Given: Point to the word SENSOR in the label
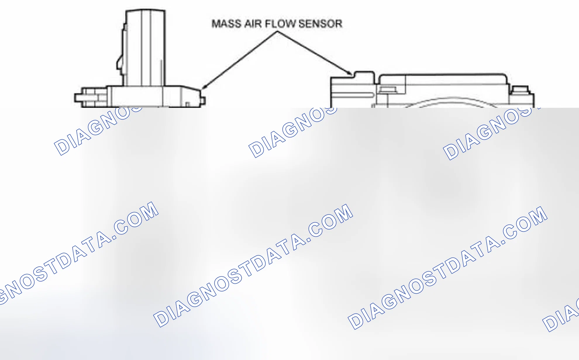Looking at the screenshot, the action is [320, 24].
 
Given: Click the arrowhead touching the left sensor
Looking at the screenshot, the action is [204, 86].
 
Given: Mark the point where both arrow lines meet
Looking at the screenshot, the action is [277, 32].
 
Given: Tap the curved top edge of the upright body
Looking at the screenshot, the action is [145, 10].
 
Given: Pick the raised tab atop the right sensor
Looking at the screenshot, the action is [364, 74].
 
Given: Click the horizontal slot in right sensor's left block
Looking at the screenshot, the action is [353, 95].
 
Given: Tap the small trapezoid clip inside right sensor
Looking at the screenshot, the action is [387, 89].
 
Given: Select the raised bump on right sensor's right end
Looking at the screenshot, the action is [521, 89].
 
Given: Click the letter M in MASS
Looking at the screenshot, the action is [216, 24].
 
